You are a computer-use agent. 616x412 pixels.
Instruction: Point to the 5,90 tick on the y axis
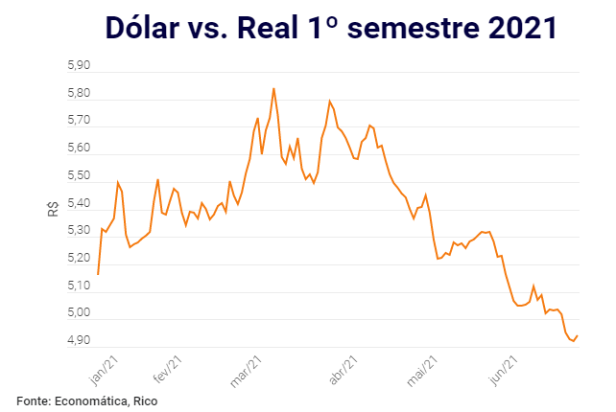[x=78, y=66]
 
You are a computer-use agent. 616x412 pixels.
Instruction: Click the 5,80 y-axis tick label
[x=78, y=94]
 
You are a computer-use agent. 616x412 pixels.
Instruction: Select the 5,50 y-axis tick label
[x=78, y=176]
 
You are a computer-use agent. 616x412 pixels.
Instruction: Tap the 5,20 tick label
[x=78, y=259]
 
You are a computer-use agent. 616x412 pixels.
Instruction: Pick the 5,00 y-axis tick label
[x=78, y=313]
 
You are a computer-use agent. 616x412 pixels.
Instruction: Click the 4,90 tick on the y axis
[x=78, y=341]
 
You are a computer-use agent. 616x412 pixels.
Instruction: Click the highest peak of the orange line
[x=273, y=88]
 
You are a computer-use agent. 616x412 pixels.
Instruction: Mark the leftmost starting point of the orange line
[x=98, y=274]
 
